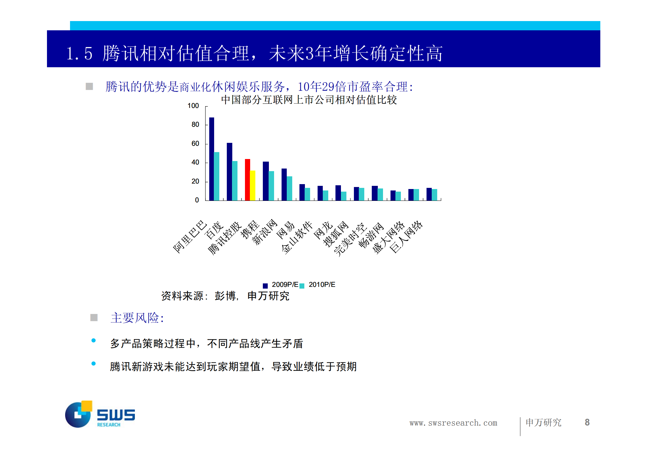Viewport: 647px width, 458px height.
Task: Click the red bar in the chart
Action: [247, 180]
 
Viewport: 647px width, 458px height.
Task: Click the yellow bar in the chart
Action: [252, 185]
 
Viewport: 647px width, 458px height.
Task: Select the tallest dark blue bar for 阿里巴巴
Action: [212, 159]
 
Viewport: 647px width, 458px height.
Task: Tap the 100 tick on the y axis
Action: [193, 106]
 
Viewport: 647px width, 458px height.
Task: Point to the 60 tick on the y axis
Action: [195, 144]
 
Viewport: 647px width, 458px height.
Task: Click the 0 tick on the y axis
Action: [197, 200]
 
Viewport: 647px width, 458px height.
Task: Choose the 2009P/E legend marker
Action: [265, 286]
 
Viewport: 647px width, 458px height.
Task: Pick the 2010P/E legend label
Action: [322, 285]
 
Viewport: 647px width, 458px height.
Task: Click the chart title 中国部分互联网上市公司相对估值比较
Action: [309, 100]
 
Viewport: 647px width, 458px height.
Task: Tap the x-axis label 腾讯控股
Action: [225, 238]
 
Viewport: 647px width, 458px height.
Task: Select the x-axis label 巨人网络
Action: [406, 237]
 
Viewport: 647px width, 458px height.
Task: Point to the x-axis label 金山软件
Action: [297, 238]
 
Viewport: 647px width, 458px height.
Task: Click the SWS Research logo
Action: [99, 414]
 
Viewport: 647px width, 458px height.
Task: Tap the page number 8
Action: [587, 423]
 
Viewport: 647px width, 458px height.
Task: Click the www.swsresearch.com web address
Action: [453, 423]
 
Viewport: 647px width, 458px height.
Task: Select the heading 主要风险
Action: [137, 318]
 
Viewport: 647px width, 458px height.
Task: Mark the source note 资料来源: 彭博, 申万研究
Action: [225, 296]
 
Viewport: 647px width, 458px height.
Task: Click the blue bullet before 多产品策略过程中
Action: [93, 341]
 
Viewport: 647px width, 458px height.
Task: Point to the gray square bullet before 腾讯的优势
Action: [89, 86]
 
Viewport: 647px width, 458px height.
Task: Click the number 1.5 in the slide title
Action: [80, 54]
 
